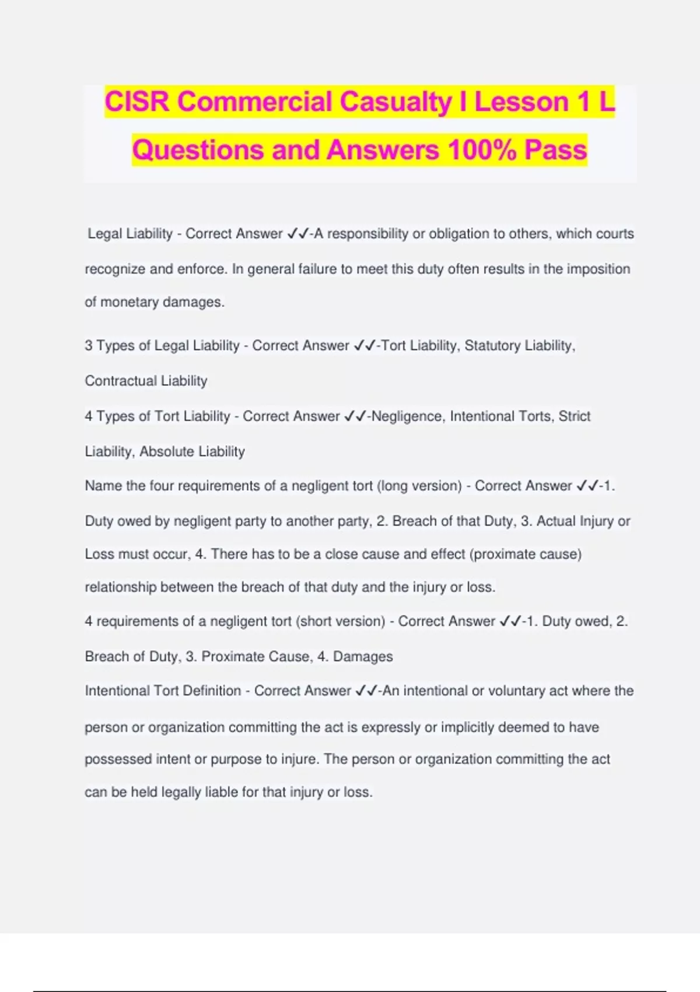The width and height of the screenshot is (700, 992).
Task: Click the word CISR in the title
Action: click(x=137, y=102)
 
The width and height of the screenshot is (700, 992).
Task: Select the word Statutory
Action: click(x=492, y=346)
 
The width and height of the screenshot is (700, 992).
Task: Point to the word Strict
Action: click(x=575, y=417)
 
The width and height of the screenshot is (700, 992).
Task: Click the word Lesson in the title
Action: click(x=521, y=102)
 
